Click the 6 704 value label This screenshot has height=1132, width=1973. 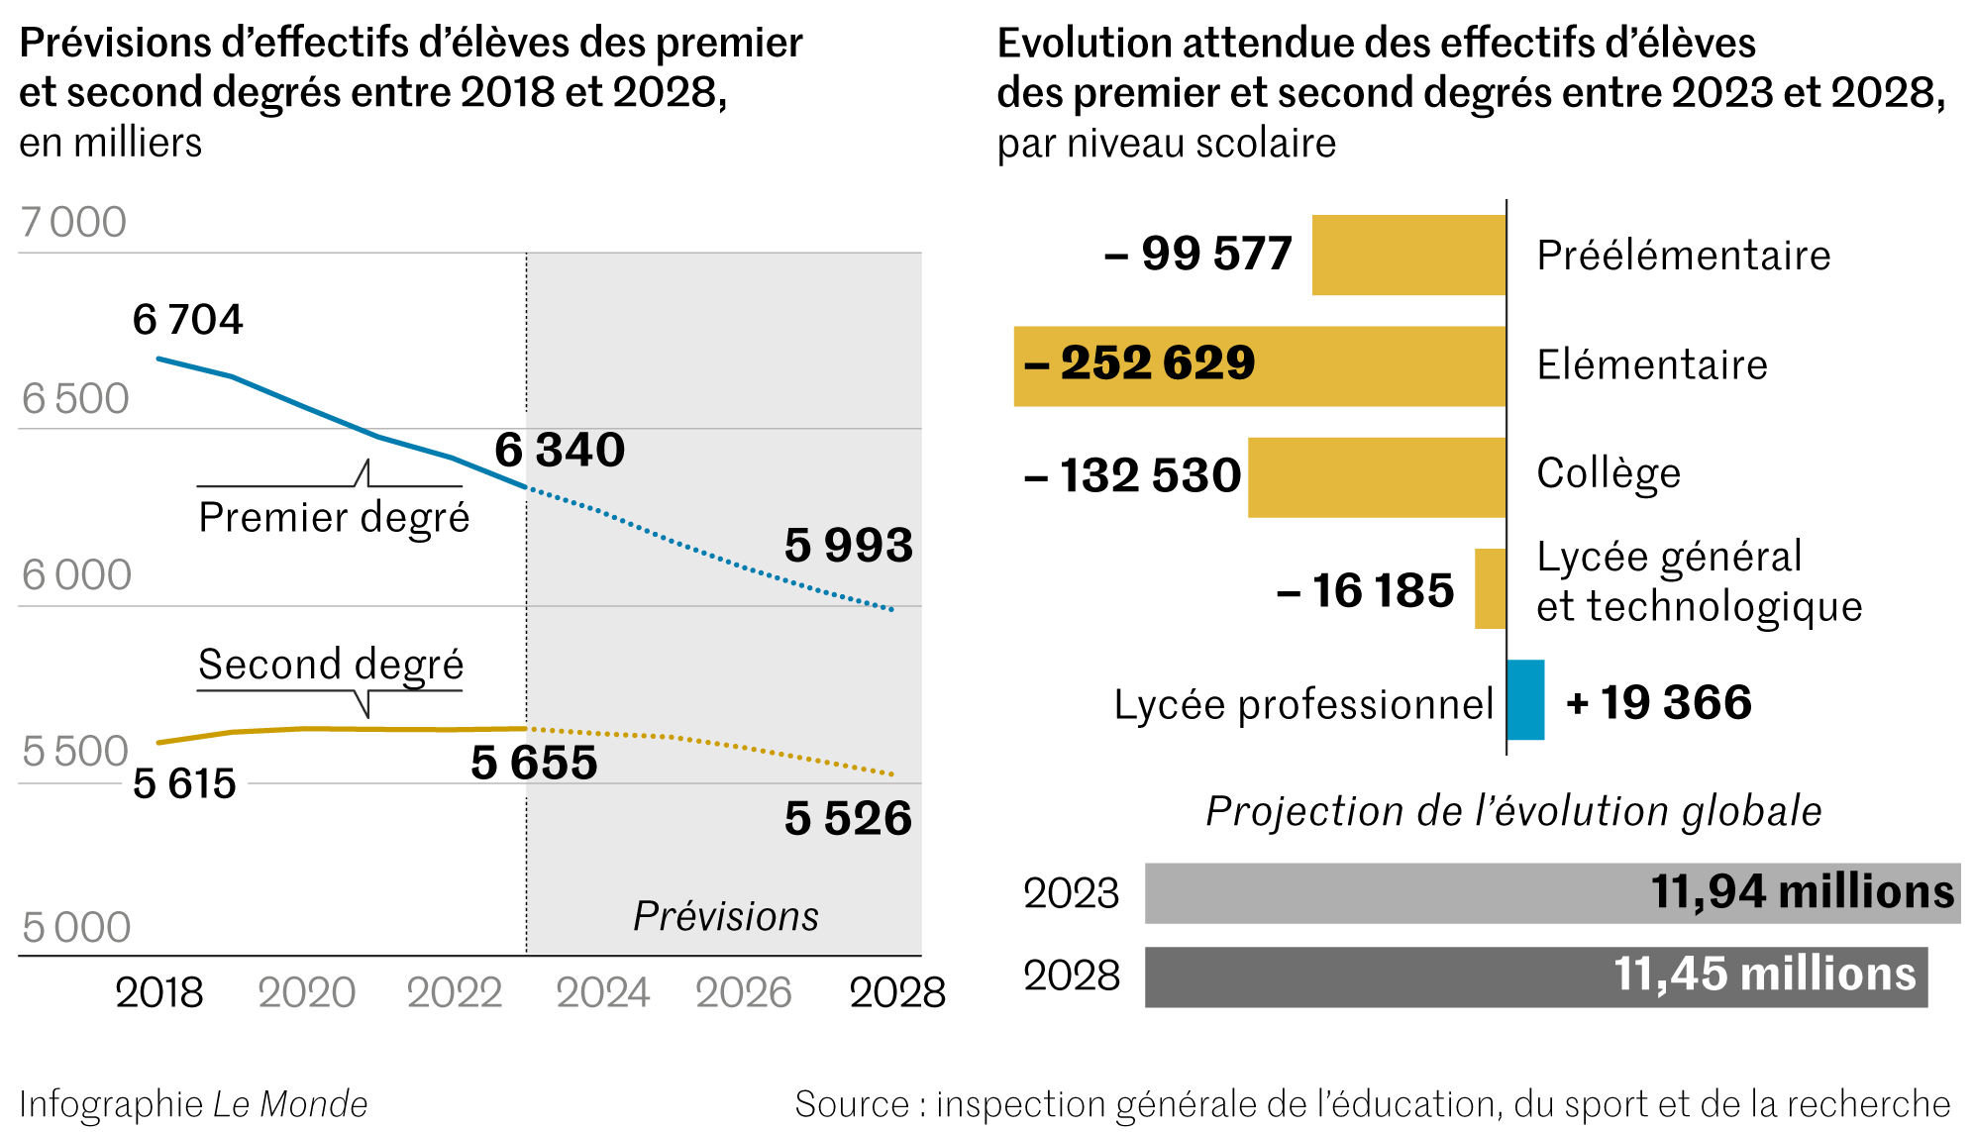[x=187, y=320]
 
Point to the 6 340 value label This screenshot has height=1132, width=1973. [x=560, y=450]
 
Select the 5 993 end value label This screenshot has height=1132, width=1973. [x=848, y=546]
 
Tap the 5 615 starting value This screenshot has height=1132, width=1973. [x=184, y=783]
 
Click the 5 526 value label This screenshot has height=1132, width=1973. [x=848, y=819]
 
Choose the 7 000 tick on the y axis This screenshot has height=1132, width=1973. [x=74, y=223]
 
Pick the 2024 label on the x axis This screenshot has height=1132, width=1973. [x=602, y=992]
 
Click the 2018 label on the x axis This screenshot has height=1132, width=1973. [x=158, y=992]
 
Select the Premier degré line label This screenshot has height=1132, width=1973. [x=334, y=518]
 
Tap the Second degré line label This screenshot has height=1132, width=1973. [x=331, y=665]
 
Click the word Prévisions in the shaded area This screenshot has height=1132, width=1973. [x=726, y=916]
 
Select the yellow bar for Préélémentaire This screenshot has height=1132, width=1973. [x=1408, y=256]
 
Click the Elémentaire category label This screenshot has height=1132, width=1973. [x=1652, y=365]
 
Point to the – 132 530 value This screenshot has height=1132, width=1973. [x=1132, y=475]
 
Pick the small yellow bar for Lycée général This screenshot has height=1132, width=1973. [x=1490, y=589]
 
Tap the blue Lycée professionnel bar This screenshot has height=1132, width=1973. [x=1525, y=700]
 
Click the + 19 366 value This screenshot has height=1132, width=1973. [x=1659, y=703]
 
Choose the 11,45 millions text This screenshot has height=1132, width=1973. [x=1765, y=975]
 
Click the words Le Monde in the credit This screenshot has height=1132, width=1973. [x=290, y=1104]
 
